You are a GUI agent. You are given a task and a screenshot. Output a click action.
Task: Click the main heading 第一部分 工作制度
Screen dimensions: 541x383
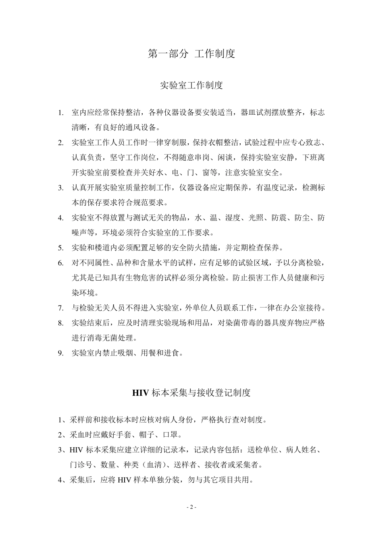point(191,54)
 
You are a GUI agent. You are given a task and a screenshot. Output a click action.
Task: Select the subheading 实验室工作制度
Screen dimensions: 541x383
point(191,85)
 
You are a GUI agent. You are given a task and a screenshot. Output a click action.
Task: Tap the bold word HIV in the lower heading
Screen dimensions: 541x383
point(141,393)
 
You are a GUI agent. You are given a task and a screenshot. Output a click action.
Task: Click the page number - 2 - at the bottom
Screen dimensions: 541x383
point(191,507)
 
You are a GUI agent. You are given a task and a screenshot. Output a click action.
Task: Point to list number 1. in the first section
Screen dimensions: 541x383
point(61,113)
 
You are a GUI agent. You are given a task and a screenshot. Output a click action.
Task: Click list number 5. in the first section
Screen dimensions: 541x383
point(61,248)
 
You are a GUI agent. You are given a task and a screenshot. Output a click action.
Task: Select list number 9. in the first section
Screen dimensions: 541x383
point(61,353)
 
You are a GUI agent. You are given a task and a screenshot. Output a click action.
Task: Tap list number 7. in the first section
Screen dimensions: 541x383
point(61,308)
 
